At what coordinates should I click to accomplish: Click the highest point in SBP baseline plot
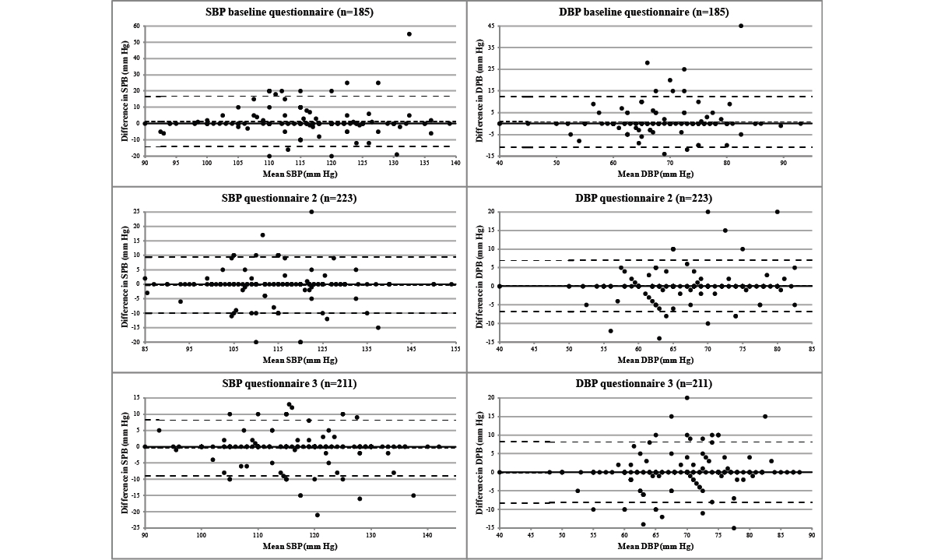pyautogui.click(x=409, y=34)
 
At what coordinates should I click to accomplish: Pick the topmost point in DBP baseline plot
pyautogui.click(x=741, y=26)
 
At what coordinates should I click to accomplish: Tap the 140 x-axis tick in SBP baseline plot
pyautogui.click(x=455, y=163)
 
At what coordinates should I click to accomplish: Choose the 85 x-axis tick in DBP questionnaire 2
pyautogui.click(x=812, y=348)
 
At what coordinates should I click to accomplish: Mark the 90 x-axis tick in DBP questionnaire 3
pyautogui.click(x=812, y=534)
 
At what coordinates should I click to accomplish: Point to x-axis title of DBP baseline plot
pyautogui.click(x=655, y=174)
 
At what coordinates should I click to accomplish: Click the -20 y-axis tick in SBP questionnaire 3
pyautogui.click(x=135, y=512)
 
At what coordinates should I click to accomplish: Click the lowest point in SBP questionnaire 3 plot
pyautogui.click(x=318, y=515)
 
